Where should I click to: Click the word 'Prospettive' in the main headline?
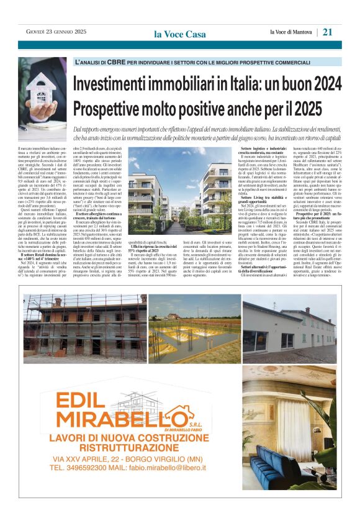106,108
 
